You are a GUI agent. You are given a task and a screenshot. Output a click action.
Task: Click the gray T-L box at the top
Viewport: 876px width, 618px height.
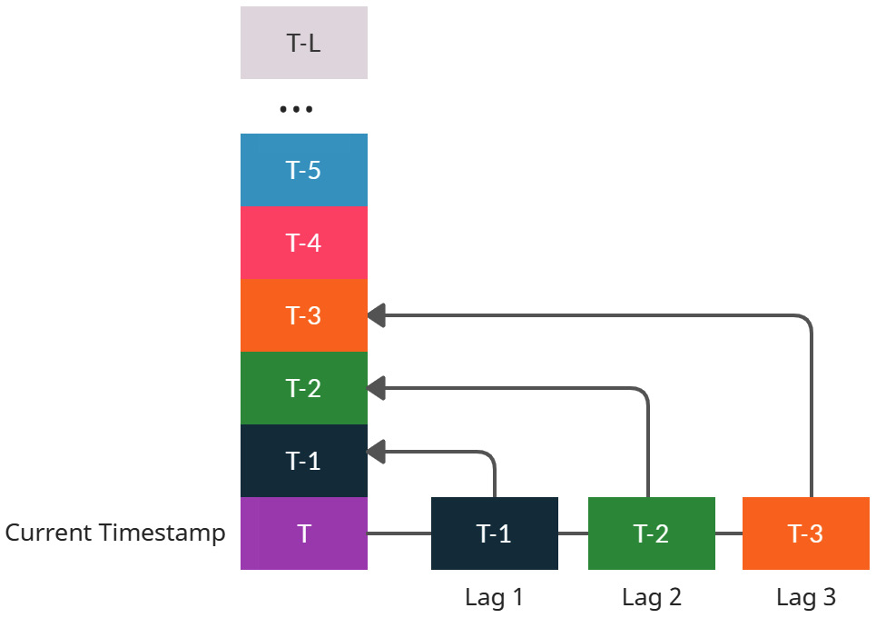[303, 43]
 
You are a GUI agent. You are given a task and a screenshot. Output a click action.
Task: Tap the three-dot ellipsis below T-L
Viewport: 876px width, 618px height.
[296, 109]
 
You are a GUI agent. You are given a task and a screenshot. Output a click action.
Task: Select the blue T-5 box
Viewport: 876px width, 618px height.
[303, 170]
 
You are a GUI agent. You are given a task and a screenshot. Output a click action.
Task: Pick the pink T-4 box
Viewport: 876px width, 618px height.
[303, 243]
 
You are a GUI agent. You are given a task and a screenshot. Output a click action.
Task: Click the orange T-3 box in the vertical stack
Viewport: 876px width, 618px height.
[303, 315]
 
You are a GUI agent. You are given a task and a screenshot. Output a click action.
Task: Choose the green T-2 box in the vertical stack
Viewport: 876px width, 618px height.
[303, 388]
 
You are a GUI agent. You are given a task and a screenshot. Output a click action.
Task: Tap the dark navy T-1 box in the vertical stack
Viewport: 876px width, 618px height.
[303, 461]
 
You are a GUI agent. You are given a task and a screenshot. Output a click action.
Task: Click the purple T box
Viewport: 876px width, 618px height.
[303, 533]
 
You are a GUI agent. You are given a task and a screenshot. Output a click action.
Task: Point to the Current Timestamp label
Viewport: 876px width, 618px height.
[115, 533]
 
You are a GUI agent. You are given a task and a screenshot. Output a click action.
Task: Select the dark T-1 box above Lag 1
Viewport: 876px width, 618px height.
[494, 533]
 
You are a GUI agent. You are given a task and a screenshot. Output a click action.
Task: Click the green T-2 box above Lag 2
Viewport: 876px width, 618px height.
[651, 533]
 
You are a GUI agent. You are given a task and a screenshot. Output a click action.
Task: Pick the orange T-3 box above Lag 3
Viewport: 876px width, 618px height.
[805, 533]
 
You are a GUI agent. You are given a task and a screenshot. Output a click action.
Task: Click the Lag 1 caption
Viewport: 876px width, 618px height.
[494, 597]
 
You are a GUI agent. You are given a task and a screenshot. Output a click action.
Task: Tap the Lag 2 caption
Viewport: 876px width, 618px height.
[651, 597]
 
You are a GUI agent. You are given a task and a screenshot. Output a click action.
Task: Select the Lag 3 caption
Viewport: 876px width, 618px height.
[805, 597]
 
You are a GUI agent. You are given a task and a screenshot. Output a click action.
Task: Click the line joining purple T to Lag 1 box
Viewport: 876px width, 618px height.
[399, 533]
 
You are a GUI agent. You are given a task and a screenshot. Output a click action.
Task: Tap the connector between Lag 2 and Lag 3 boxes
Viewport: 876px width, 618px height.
[729, 533]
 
